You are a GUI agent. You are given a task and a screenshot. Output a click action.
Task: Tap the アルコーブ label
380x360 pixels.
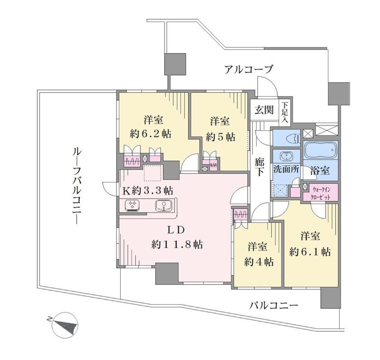[x=248, y=69]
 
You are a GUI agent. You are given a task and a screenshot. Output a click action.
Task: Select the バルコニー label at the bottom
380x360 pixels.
[x=274, y=305]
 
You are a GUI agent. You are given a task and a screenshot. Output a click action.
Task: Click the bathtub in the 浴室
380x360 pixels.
[x=320, y=150]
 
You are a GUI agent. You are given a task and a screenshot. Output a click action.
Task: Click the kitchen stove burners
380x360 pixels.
[x=133, y=205]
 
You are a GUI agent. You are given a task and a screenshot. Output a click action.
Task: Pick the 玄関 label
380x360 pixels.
[x=264, y=110]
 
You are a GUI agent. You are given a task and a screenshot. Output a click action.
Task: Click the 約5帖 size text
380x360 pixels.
[x=220, y=137]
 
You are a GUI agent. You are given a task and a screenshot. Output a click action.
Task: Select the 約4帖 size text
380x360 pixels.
[x=259, y=262]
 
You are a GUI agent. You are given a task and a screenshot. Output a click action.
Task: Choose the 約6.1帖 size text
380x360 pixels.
[x=310, y=253]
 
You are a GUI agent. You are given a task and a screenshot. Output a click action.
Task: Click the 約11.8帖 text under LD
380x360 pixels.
[x=177, y=244]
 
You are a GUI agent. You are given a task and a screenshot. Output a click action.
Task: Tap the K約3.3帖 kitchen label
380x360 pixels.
[x=148, y=191]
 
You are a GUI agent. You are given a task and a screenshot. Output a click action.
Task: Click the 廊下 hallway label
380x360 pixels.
[x=259, y=167]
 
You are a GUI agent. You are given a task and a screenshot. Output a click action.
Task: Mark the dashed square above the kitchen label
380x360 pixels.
[x=152, y=173]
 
